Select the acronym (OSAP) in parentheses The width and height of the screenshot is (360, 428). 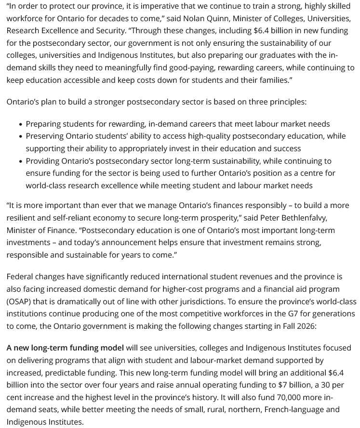click(19, 301)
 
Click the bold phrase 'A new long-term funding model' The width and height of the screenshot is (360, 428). click(65, 348)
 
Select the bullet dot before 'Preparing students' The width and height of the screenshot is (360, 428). click(20, 125)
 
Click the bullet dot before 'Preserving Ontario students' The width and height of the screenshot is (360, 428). click(20, 137)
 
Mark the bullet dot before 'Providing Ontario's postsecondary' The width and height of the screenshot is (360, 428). click(20, 161)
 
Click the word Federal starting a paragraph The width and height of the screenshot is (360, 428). click(21, 277)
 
